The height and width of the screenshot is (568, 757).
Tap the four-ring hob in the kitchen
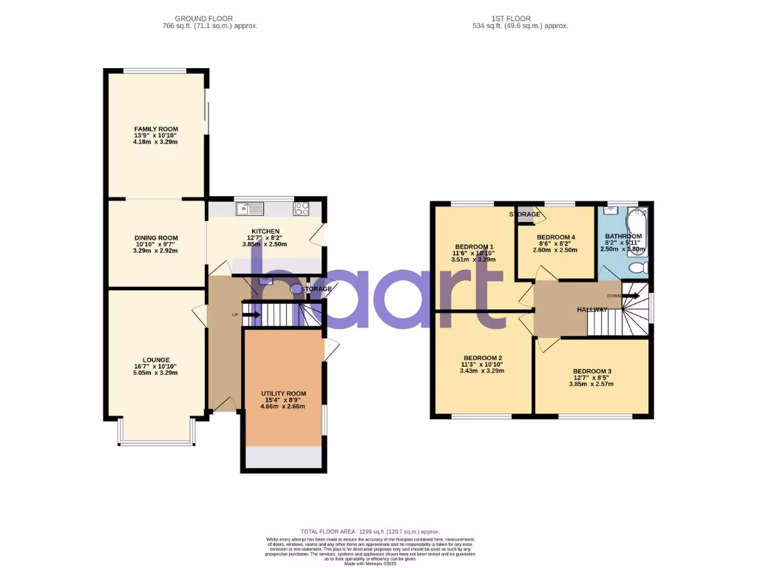pyautogui.click(x=302, y=209)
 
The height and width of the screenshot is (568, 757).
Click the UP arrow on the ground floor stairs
pyautogui.click(x=251, y=315)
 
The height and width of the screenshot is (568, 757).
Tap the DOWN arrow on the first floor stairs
pyautogui.click(x=630, y=295)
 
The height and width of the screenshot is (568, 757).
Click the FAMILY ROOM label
pyautogui.click(x=156, y=129)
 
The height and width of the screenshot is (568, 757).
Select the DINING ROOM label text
pyautogui.click(x=156, y=238)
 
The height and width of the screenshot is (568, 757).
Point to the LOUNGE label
pyautogui.click(x=156, y=360)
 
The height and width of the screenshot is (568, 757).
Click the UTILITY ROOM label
pyautogui.click(x=283, y=393)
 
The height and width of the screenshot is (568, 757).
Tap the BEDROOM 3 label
pyautogui.click(x=592, y=371)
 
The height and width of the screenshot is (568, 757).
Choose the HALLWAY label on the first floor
pyautogui.click(x=592, y=310)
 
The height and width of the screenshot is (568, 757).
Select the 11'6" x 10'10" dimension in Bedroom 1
pyautogui.click(x=474, y=253)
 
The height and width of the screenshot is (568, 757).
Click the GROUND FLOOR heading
pyautogui.click(x=203, y=18)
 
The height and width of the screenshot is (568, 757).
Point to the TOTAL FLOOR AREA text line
pyautogui.click(x=370, y=532)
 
